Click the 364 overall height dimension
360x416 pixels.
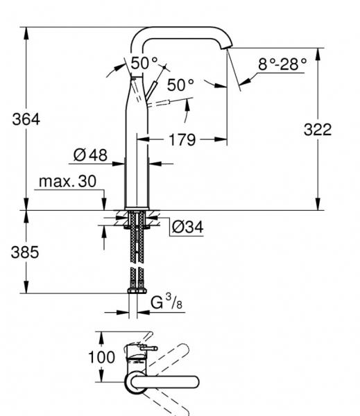(x=26, y=119)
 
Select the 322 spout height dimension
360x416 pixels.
(x=318, y=129)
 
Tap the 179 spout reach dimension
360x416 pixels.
(x=182, y=141)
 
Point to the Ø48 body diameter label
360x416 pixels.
(x=90, y=155)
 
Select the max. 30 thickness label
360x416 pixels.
(x=67, y=182)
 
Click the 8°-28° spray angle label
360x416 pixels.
(x=282, y=64)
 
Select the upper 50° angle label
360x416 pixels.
(x=144, y=62)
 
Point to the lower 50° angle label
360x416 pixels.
(x=180, y=85)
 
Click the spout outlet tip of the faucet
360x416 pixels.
(x=229, y=46)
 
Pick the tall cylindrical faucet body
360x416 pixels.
(x=136, y=153)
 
